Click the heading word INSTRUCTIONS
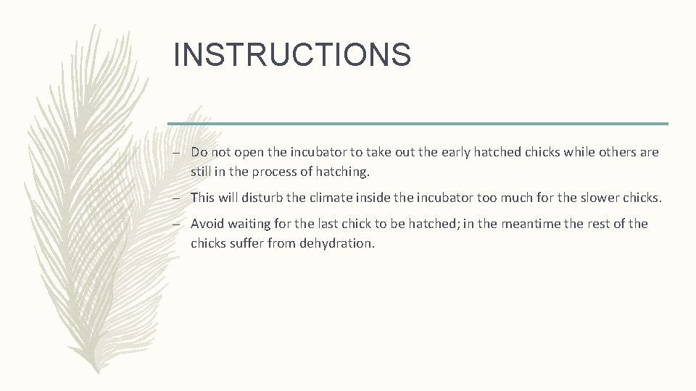292,55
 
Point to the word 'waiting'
252,224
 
